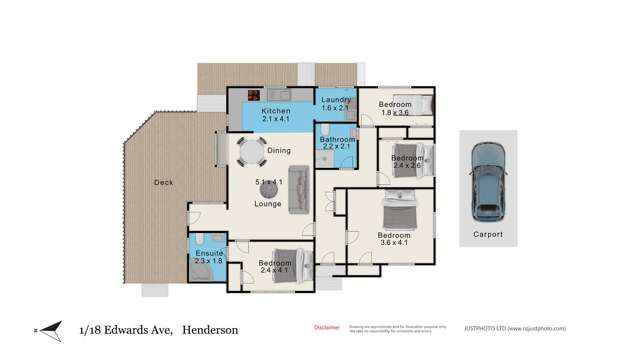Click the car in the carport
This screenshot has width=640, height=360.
[488, 181]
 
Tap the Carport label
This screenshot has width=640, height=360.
[488, 236]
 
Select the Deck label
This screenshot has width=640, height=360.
[163, 182]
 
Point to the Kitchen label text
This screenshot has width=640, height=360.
[276, 111]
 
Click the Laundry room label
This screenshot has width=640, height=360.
[333, 100]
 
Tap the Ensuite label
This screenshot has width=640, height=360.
[210, 255]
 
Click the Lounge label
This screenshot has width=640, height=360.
[267, 204]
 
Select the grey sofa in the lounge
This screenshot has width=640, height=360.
[299, 188]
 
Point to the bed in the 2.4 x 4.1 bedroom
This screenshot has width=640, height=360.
[287, 259]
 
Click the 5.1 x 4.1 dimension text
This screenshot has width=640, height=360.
[268, 183]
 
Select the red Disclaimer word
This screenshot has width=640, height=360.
[327, 327]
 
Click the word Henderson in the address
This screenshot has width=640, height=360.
[212, 329]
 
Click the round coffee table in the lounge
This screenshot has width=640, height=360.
[267, 189]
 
